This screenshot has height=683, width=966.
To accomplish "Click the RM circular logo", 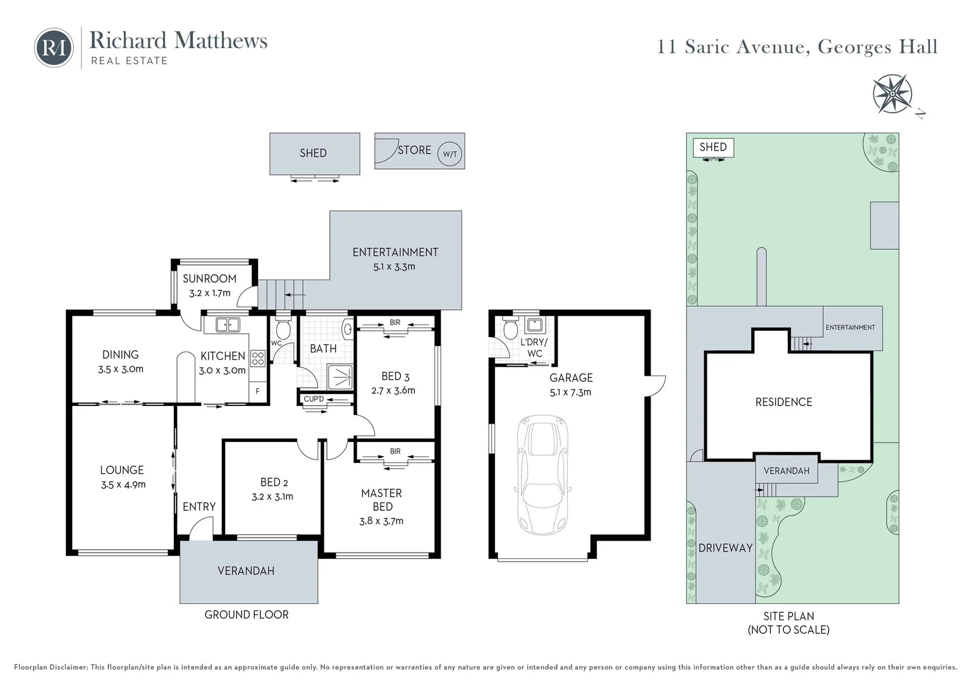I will coord(54,47).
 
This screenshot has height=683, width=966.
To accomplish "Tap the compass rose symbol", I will coord(892,94).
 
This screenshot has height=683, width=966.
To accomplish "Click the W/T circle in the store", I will coord(449,154).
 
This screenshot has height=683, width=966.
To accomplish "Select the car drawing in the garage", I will coord(543,474).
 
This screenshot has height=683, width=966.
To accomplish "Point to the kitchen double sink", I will coord(228,324).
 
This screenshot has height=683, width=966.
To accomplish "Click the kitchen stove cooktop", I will coord(258,359).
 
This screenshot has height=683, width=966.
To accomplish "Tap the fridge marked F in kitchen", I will coord(257,391).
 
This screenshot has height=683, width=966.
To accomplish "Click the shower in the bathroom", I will coord(340,376).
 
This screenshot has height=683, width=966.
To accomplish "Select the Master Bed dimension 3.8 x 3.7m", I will coord(381,521).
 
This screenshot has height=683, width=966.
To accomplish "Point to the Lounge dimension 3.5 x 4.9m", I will coord(123,484).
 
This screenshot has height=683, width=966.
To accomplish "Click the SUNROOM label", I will coord(209,279).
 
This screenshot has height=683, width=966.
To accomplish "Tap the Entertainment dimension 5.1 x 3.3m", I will coord(394,267).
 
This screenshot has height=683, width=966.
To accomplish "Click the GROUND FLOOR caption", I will coord(247,615).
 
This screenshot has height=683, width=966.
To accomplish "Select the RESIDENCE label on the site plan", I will coord(783,402).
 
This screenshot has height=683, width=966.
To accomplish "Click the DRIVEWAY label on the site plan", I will coord(725,548).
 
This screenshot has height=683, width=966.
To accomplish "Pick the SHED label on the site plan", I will coord(712,147).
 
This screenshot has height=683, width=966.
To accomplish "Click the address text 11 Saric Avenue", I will coord(733,47).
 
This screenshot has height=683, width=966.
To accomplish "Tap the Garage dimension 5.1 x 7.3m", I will coord(570,392).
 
